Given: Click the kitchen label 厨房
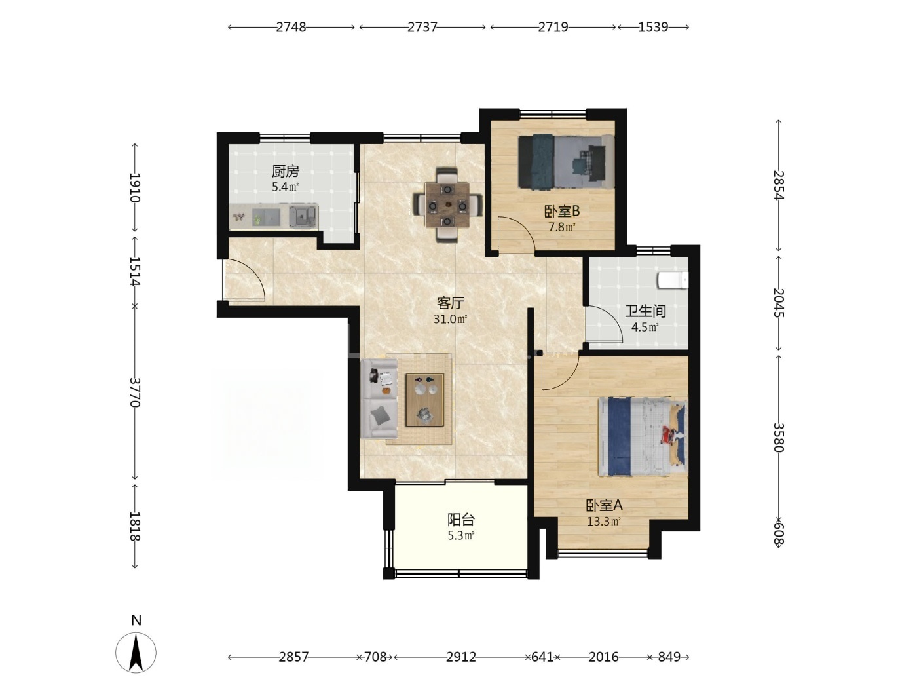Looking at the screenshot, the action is pyautogui.click(x=286, y=171).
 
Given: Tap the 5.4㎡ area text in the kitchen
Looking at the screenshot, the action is pyautogui.click(x=286, y=187).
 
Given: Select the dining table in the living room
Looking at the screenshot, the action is pyautogui.click(x=447, y=205).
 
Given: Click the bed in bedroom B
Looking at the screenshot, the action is pyautogui.click(x=566, y=161).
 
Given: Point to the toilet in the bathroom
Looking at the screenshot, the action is pyautogui.click(x=673, y=280).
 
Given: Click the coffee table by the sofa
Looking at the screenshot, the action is pyautogui.click(x=424, y=400).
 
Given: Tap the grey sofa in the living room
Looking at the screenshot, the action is pyautogui.click(x=379, y=398).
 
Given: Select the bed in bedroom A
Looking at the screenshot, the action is pyautogui.click(x=643, y=436).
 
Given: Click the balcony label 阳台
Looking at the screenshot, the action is pyautogui.click(x=461, y=520).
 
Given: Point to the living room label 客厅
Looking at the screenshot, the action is pyautogui.click(x=451, y=303).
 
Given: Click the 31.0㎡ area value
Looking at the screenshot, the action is pyautogui.click(x=450, y=320).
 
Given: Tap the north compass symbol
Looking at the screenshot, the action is pyautogui.click(x=136, y=653).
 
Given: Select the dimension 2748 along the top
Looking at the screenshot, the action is pyautogui.click(x=291, y=27).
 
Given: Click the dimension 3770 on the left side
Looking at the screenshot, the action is pyautogui.click(x=135, y=392).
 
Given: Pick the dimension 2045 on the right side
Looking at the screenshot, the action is pyautogui.click(x=778, y=303).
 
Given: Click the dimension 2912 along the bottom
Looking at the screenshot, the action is pyautogui.click(x=461, y=657).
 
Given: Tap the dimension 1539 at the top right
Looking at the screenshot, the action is pyautogui.click(x=654, y=27).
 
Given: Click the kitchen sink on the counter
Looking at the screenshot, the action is pyautogui.click(x=303, y=217).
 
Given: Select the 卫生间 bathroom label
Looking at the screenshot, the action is pyautogui.click(x=645, y=311).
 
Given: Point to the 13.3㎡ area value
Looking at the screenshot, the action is pyautogui.click(x=604, y=522).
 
